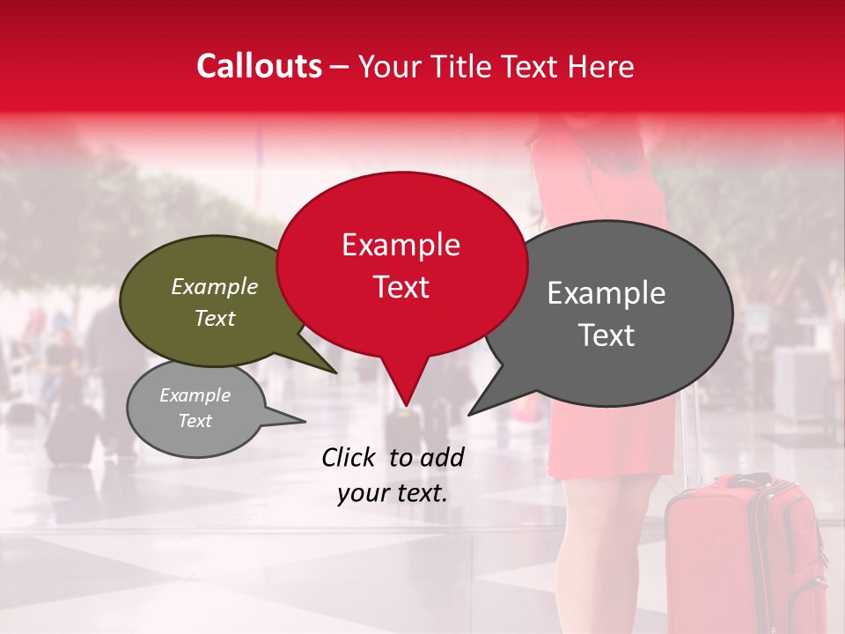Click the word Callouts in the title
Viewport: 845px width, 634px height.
point(259,66)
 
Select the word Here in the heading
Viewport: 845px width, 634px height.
point(601,67)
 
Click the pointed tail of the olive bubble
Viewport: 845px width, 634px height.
point(334,371)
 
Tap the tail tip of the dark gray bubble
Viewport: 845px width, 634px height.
point(470,413)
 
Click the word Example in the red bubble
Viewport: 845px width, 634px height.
point(400,245)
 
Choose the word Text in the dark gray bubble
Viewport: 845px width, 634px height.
point(607,335)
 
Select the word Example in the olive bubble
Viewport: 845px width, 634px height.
point(214,287)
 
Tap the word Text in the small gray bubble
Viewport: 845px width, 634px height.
point(195,421)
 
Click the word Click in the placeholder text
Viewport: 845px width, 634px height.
point(350,457)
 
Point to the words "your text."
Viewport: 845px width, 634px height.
point(393,493)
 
